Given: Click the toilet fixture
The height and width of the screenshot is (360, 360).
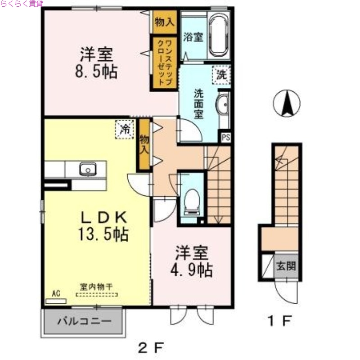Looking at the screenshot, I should (192, 200).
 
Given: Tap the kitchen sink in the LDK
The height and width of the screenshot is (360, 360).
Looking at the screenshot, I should (87, 169).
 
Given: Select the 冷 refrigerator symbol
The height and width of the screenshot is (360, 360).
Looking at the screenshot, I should (124, 129).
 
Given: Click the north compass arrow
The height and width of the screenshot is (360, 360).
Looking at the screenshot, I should (287, 103).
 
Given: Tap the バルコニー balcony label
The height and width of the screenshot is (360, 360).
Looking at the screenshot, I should (84, 322).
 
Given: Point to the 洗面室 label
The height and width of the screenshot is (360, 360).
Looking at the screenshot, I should (198, 103).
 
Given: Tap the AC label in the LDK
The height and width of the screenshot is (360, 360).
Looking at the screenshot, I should (56, 293).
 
